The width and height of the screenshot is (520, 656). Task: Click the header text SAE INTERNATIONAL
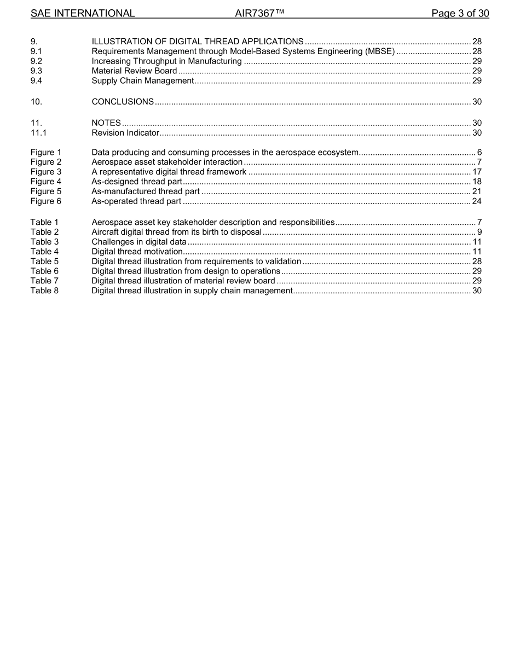pos(83,13)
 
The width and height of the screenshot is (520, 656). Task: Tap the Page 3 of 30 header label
pos(460,13)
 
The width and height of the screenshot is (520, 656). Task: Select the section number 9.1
pos(37,51)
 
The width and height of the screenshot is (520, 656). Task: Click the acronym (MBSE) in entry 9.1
pos(380,51)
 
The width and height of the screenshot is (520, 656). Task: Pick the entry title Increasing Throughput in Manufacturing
pos(166,61)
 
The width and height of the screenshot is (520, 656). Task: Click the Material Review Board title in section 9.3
pos(134,71)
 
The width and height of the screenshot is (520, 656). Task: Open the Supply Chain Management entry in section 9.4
pos(142,81)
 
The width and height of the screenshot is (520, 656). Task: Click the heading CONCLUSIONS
pos(123,102)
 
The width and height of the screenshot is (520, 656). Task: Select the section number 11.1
pos(38,132)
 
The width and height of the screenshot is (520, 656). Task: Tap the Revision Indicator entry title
pos(125,132)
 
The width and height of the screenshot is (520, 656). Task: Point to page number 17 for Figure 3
pos(477,172)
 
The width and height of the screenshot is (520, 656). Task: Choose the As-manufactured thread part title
pos(145,191)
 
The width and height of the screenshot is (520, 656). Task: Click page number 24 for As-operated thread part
pos(477,201)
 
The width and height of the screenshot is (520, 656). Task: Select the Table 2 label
pos(44,232)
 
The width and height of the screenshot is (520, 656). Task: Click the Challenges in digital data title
pos(139,242)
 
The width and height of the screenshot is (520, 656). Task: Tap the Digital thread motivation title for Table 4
pos(137,252)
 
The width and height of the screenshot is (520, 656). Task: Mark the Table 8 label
pos(44,291)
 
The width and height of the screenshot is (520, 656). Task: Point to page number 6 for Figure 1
pos(479,152)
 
